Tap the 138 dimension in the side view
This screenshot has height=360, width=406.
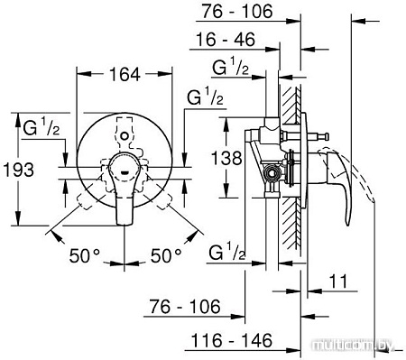click(230, 159)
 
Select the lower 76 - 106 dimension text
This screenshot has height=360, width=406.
click(181, 307)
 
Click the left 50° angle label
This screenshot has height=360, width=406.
click(85, 255)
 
